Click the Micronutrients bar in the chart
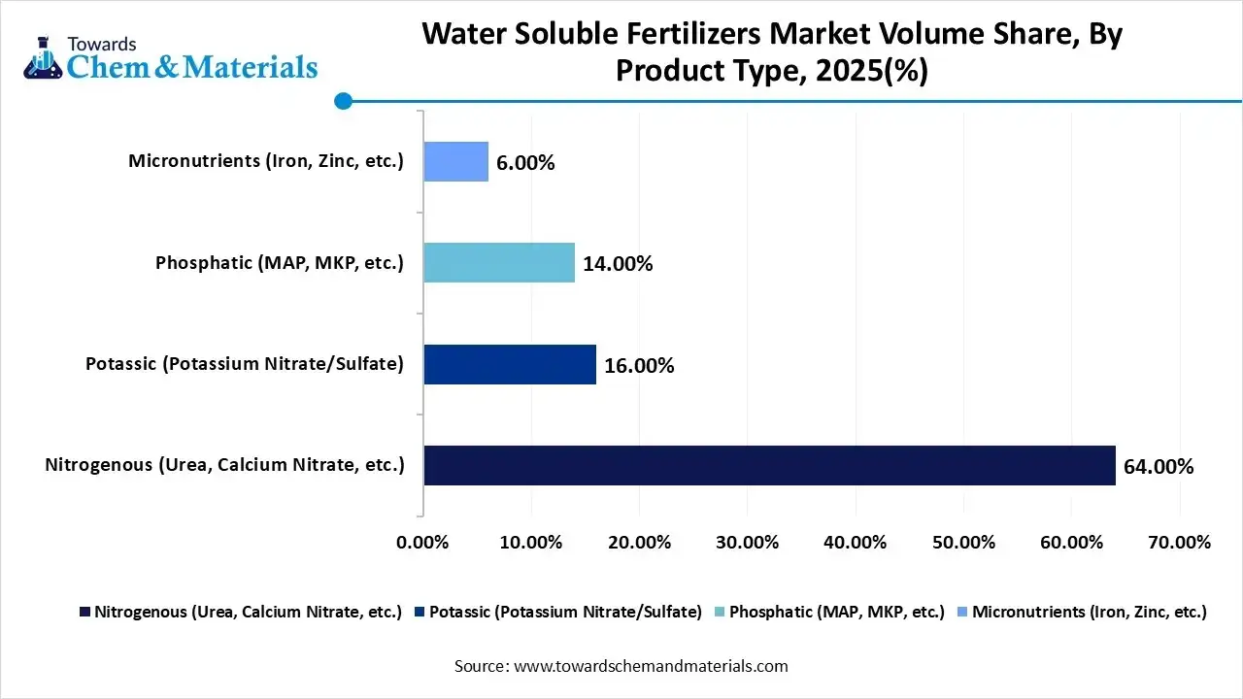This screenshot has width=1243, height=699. pyautogui.click(x=455, y=161)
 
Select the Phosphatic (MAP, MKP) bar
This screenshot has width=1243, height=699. pyautogui.click(x=499, y=262)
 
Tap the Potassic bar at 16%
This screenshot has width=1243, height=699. pyautogui.click(x=510, y=364)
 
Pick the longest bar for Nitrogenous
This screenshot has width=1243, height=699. pyautogui.click(x=769, y=465)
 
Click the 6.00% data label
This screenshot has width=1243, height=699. pyautogui.click(x=525, y=163)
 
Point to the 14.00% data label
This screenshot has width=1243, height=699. pyautogui.click(x=618, y=264)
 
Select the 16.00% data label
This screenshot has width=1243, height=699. pyautogui.click(x=639, y=366)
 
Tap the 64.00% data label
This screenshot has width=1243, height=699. pyautogui.click(x=1159, y=467)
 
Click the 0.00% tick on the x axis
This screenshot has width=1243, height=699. pyautogui.click(x=423, y=543)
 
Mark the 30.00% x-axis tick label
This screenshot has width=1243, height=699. pyautogui.click(x=748, y=543)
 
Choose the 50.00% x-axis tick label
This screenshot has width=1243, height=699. pyautogui.click(x=964, y=543)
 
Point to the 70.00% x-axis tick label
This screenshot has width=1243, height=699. pyautogui.click(x=1180, y=543)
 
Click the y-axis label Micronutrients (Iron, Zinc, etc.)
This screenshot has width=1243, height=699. pyautogui.click(x=265, y=161)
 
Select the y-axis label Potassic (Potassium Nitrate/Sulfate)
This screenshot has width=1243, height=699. pyautogui.click(x=244, y=364)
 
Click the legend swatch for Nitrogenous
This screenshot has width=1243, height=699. pyautogui.click(x=84, y=613)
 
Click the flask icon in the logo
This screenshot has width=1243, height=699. pyautogui.click(x=43, y=58)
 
